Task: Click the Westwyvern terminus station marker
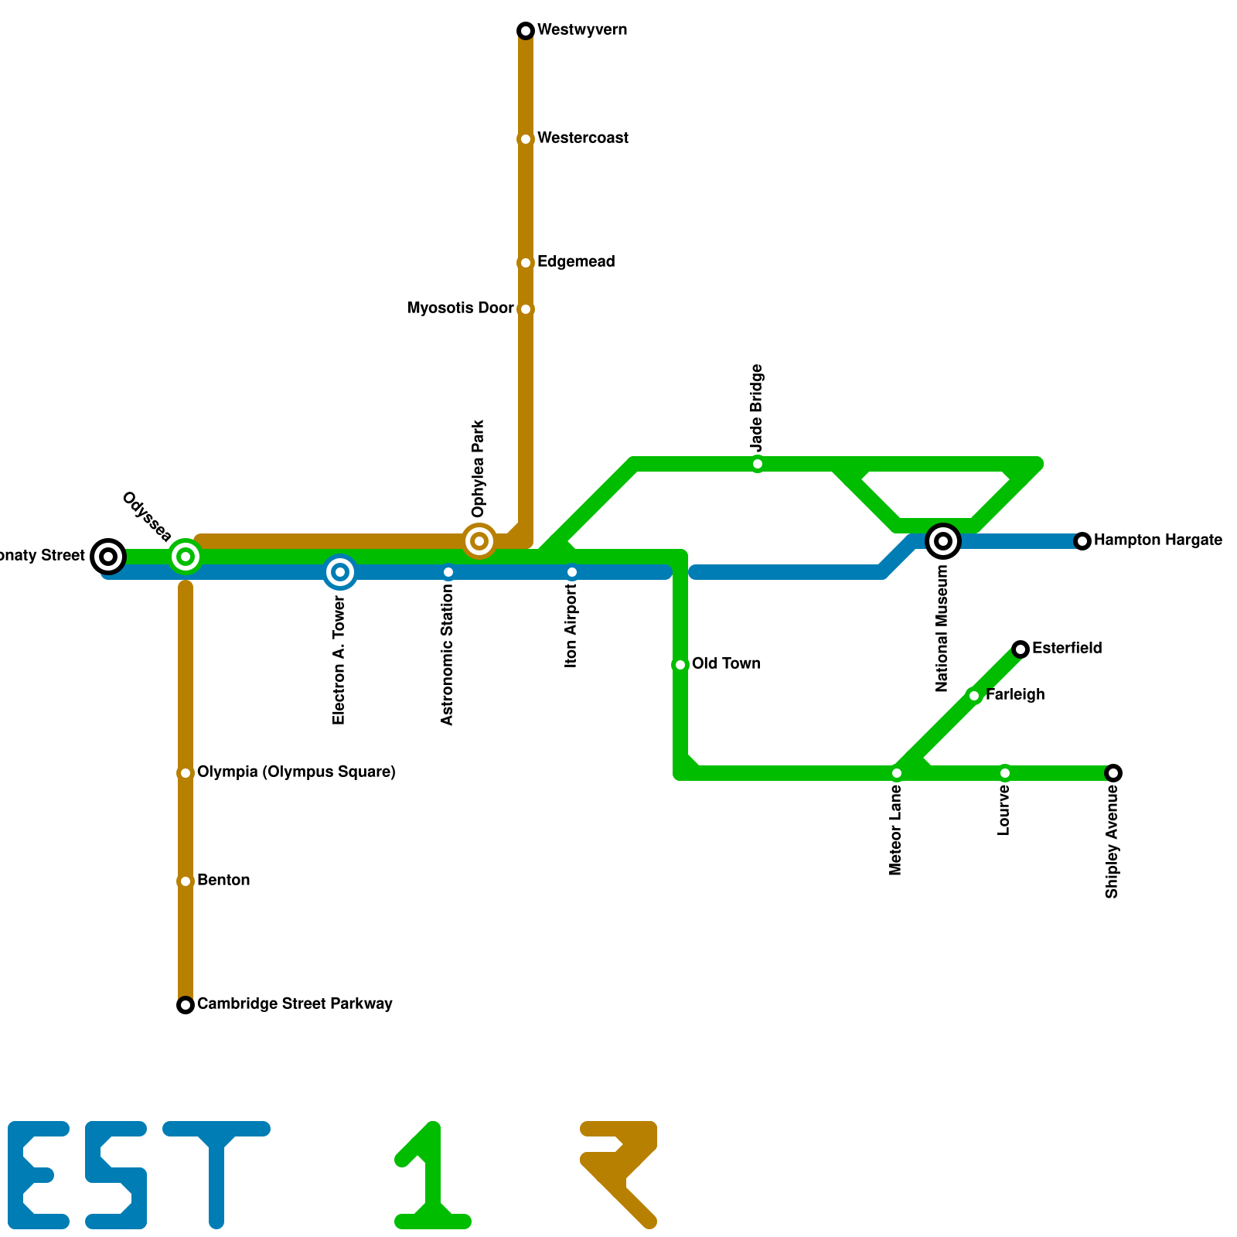[x=526, y=31]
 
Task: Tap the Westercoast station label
[x=582, y=138]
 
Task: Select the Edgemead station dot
[x=526, y=263]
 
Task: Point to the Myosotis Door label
[x=460, y=308]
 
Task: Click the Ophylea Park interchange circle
[x=479, y=541]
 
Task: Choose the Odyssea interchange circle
[x=186, y=556]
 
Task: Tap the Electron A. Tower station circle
[x=340, y=572]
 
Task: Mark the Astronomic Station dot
[x=448, y=573]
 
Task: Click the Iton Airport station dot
[x=572, y=573]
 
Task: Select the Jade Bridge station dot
[x=758, y=464]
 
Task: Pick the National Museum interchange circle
[x=943, y=540]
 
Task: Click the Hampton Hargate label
[x=1157, y=540]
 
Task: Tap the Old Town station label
[x=725, y=664]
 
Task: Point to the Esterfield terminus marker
[x=1021, y=649]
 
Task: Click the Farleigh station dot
[x=974, y=696]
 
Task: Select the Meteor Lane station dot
[x=897, y=773]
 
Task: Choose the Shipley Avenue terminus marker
[x=1113, y=773]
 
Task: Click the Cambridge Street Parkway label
[x=295, y=1004]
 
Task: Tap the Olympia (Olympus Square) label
[x=296, y=772]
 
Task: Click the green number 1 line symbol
[x=433, y=1175]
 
